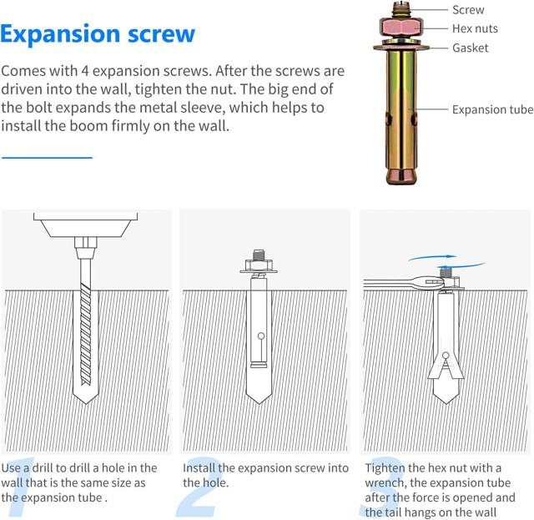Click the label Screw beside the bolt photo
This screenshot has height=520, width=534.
(x=468, y=10)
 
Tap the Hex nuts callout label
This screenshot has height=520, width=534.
(x=475, y=28)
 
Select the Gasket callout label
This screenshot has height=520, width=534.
(x=470, y=48)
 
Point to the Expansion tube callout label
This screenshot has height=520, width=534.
(x=492, y=109)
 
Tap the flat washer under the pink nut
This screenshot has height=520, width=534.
(x=401, y=47)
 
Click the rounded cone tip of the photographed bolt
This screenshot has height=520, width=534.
(x=401, y=176)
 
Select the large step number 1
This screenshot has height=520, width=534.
(x=20, y=487)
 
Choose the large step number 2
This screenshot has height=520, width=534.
(x=197, y=487)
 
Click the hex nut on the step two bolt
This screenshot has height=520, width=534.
(x=259, y=265)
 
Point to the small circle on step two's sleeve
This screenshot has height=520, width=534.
(x=261, y=336)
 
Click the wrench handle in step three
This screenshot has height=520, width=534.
(x=391, y=282)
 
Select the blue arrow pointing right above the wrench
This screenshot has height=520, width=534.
(x=432, y=257)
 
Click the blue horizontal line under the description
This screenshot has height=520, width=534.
(x=47, y=158)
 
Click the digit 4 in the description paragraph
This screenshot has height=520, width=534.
(x=85, y=71)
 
